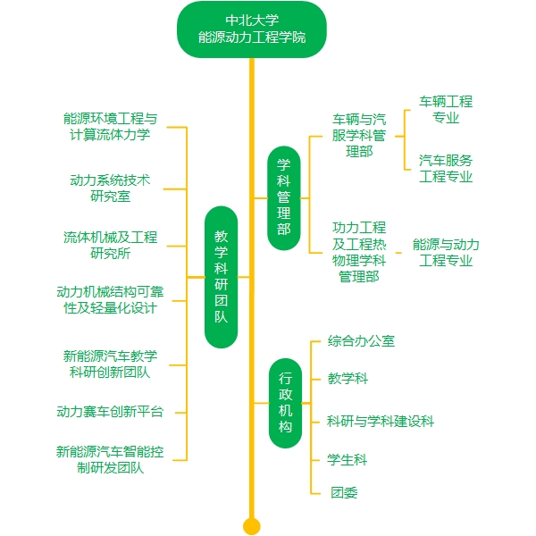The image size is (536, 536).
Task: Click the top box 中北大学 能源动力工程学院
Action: coord(251,29)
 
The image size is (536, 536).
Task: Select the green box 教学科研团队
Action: coord(221,277)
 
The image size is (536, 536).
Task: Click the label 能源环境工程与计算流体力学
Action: coord(111,126)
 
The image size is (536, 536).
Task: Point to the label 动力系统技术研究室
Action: coord(111,188)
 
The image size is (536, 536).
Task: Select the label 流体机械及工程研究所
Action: coord(111,245)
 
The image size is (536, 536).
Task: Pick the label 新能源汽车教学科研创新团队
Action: coord(111,364)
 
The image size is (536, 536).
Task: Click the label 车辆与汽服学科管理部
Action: coord(359,135)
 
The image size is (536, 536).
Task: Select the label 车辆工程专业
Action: coord(446,109)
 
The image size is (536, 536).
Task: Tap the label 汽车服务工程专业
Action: coord(446,168)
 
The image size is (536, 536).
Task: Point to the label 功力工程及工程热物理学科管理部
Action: coord(359,252)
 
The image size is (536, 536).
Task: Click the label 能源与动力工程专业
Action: coord(446,252)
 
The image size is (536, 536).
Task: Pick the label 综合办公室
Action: coord(361,340)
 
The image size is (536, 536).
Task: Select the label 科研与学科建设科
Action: coord(381,421)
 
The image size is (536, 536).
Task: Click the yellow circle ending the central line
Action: coord(252,525)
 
